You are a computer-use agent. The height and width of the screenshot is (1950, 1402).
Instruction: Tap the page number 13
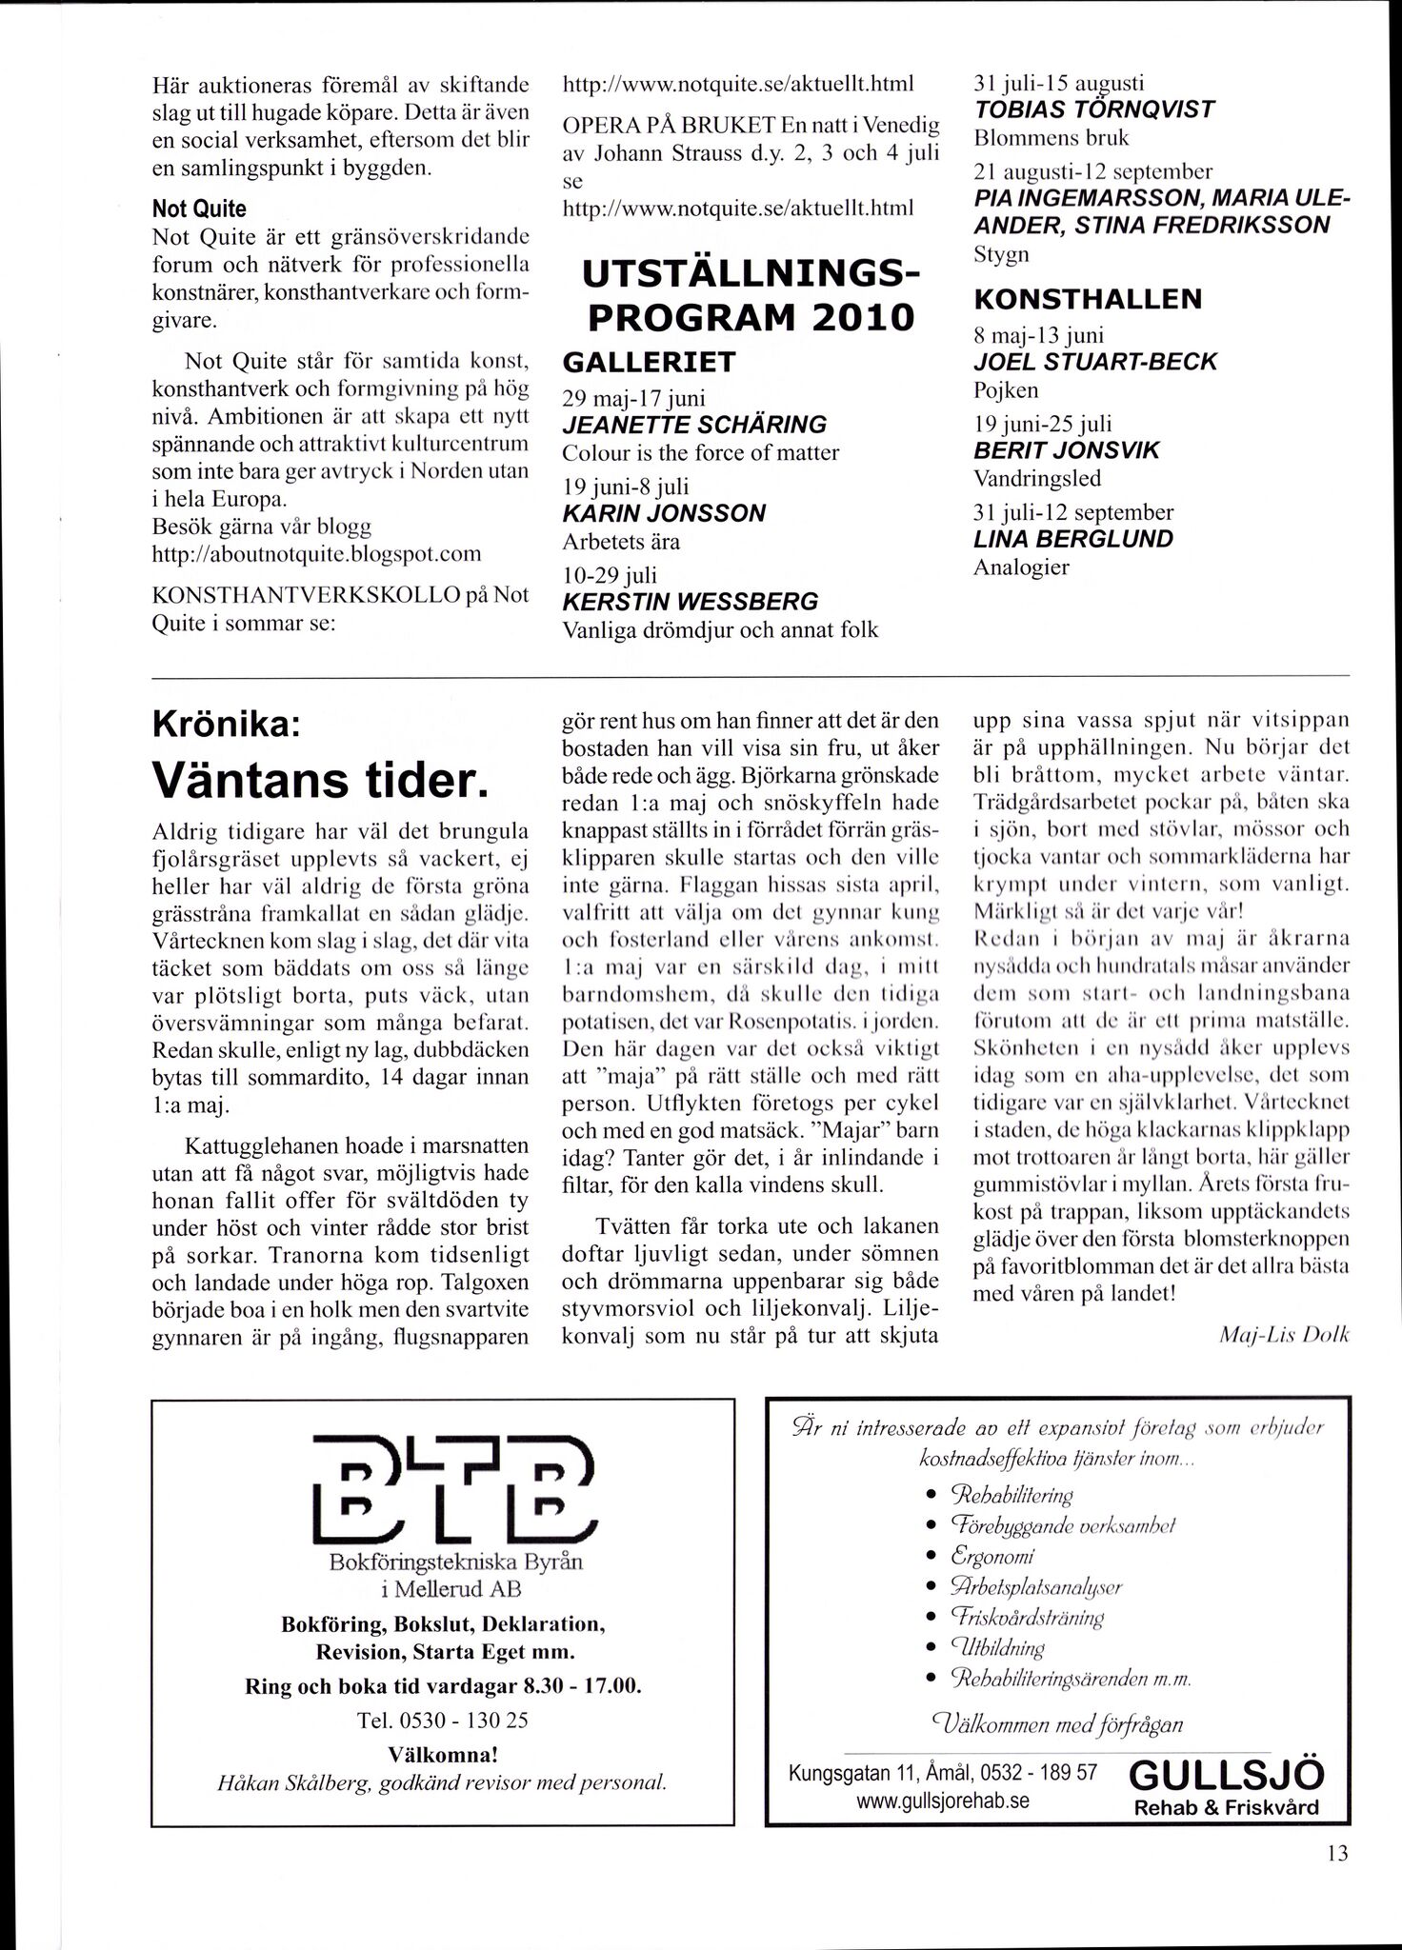[x=1336, y=1853]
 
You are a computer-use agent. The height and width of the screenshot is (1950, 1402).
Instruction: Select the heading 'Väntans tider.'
[x=320, y=781]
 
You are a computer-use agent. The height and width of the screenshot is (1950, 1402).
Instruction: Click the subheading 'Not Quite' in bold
[x=199, y=209]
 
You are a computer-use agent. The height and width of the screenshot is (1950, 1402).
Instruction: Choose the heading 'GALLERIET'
[x=650, y=363]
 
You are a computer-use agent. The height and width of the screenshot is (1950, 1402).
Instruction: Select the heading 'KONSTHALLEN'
[x=1088, y=299]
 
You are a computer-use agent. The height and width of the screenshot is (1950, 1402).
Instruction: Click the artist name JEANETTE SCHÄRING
[x=694, y=424]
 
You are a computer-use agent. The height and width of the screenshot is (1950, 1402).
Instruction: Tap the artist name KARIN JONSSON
[x=664, y=513]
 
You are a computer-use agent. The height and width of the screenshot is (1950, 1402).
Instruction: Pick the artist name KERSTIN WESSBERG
[x=691, y=602]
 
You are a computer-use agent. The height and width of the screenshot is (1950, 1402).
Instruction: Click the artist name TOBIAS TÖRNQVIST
[x=1094, y=109]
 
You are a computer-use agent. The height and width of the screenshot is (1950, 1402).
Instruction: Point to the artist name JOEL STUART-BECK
[x=1095, y=362]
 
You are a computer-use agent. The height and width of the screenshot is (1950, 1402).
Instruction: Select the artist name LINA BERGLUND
[x=1072, y=539]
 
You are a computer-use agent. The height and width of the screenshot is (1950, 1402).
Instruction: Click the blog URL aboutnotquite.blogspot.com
[x=317, y=554]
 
